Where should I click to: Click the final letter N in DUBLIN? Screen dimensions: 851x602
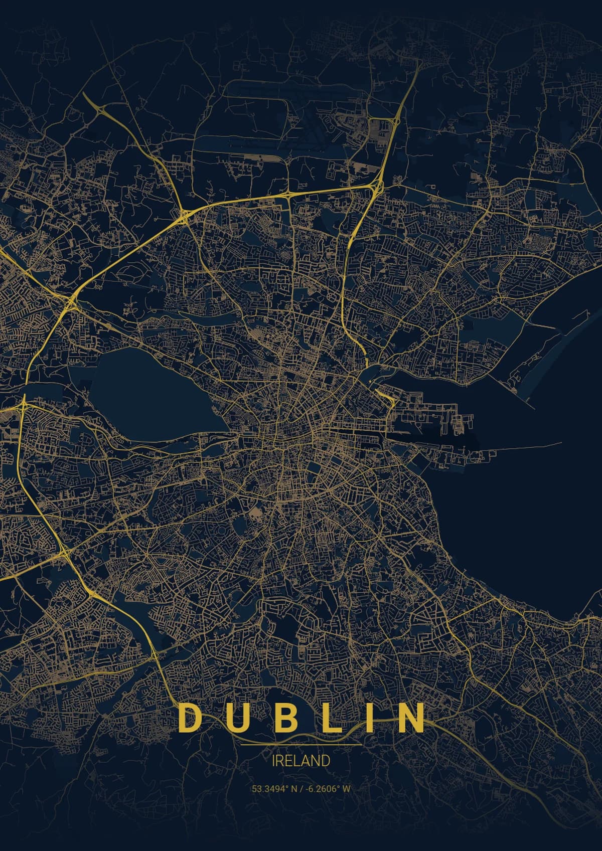(410, 718)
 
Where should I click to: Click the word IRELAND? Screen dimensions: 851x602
(301, 761)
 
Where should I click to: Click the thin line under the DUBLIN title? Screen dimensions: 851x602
(301, 745)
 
